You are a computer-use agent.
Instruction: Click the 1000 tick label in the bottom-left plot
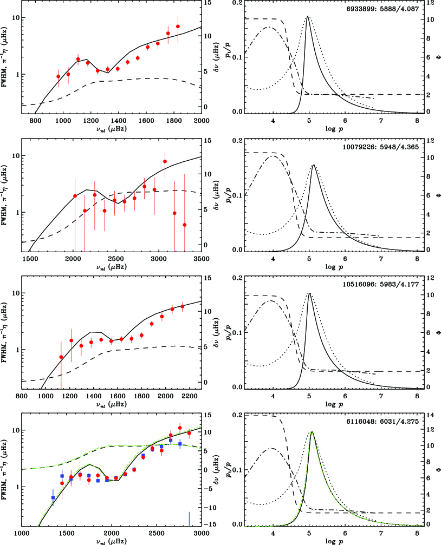(22, 533)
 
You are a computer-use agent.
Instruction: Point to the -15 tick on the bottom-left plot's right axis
(211, 524)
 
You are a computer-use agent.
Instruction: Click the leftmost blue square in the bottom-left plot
(53, 497)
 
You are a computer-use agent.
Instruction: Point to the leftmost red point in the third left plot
(61, 357)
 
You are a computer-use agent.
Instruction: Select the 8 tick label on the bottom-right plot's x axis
(416, 533)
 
